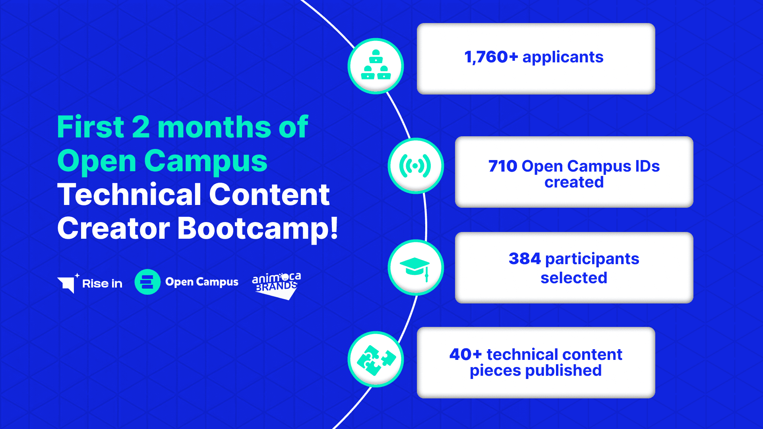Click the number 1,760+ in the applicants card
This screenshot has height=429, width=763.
491,57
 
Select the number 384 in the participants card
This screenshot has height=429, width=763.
525,259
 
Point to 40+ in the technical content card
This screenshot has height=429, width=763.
465,354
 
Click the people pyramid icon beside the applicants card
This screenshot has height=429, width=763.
376,66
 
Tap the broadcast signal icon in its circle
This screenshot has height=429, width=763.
415,166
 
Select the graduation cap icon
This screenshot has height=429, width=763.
415,267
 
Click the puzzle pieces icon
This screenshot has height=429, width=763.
376,359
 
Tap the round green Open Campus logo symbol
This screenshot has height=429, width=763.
147,282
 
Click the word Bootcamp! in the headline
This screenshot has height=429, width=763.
258,229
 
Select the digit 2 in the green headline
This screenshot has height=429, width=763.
141,127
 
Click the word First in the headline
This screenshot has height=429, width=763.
91,127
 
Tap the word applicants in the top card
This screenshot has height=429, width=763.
563,58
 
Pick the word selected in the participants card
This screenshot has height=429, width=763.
574,278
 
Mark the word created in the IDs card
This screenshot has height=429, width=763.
574,182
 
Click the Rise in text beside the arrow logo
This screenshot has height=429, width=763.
102,284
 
